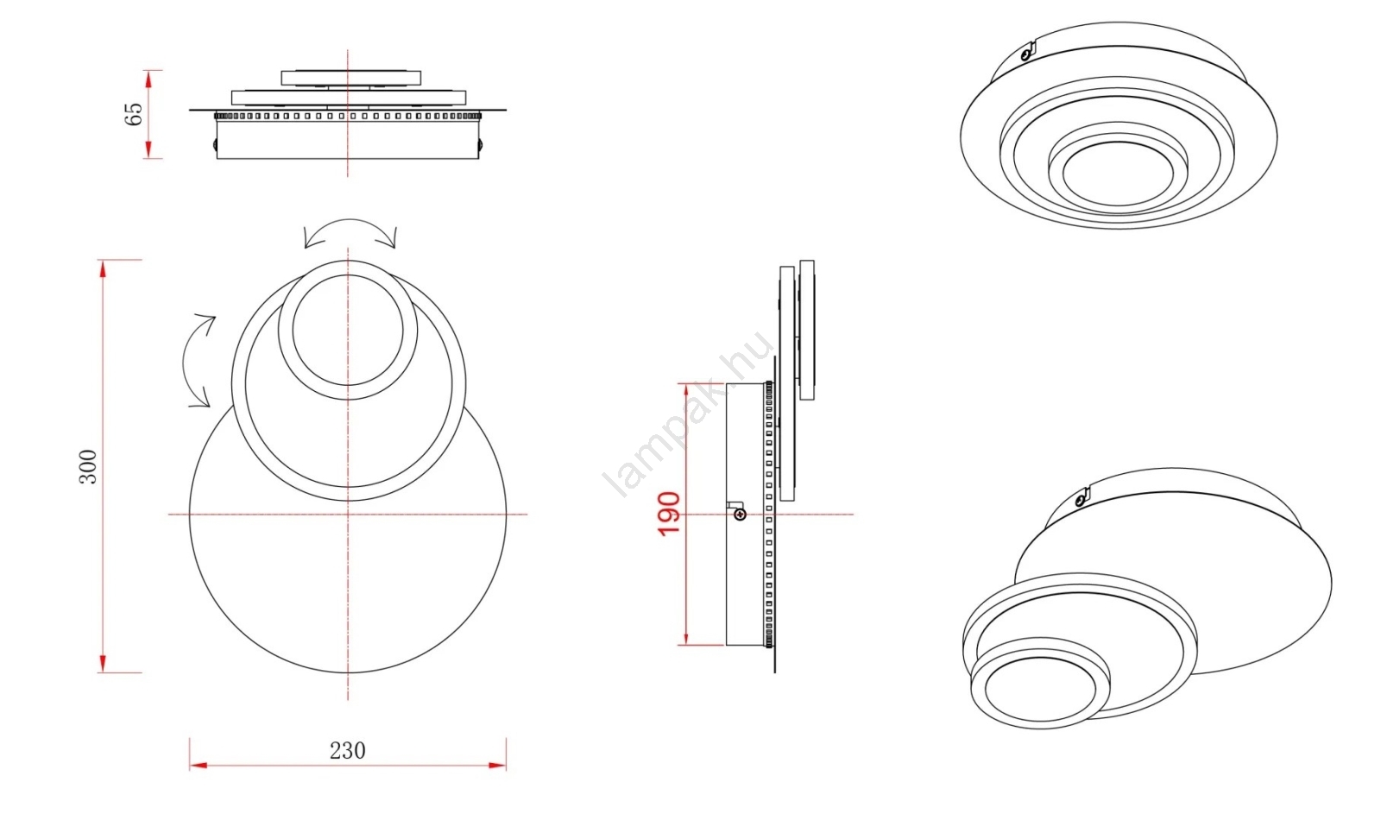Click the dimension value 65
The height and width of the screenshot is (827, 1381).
point(134,113)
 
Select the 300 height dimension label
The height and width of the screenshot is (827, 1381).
point(89,467)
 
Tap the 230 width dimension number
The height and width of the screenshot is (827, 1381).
point(348,750)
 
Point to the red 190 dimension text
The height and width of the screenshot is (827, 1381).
point(669,514)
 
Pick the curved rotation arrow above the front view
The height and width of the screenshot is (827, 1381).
point(350,233)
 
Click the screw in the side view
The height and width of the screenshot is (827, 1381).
point(740,514)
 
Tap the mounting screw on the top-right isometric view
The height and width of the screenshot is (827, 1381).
point(1026,54)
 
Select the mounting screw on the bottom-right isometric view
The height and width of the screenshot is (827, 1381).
point(1080,499)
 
